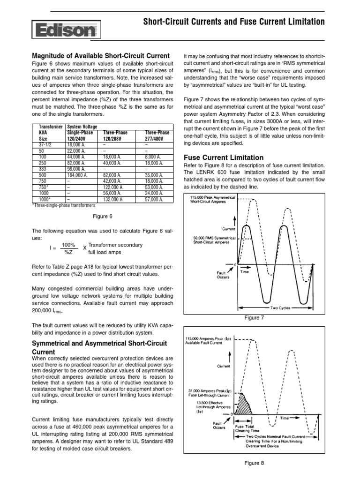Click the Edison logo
(x=66, y=31)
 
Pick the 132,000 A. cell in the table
(x=114, y=199)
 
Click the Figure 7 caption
(x=255, y=318)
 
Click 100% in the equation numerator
(x=68, y=245)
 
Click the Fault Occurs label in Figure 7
(x=223, y=274)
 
